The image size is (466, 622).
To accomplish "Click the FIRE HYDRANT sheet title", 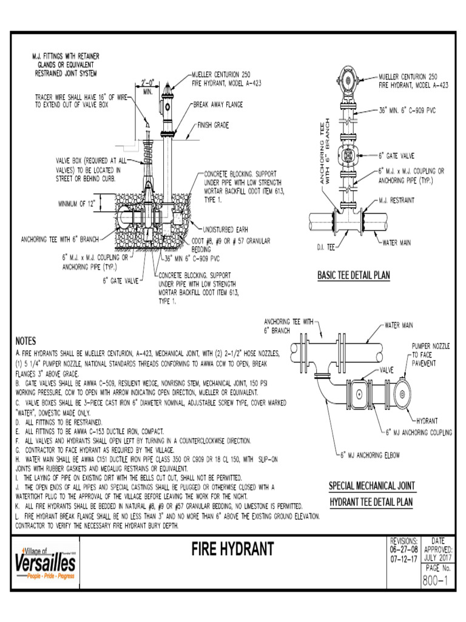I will tap(233, 550).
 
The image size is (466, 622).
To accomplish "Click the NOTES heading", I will tap(26, 341).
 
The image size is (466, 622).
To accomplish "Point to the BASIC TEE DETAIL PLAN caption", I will tap(354, 275).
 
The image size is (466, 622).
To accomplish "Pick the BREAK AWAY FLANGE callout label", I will tap(218, 104).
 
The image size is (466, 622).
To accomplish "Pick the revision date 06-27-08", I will tap(402, 549).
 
